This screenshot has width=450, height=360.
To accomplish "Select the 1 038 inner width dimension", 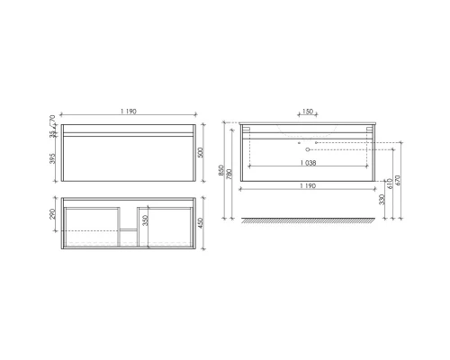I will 308,164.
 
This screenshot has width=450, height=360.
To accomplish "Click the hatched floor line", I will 308,220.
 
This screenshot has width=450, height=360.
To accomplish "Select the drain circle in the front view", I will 308,147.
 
